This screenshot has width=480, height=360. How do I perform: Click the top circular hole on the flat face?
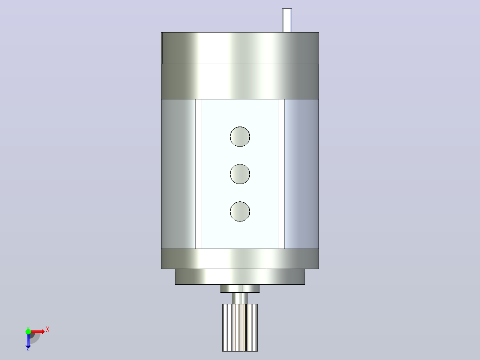[240, 136]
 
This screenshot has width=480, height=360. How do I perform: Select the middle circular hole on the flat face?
[240, 174]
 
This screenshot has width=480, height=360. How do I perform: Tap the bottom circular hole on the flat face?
[240, 211]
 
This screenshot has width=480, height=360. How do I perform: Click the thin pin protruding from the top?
[287, 20]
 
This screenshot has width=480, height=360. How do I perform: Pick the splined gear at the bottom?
[240, 327]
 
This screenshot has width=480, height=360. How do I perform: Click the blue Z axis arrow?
[28, 340]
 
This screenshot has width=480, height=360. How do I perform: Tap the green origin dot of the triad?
[28, 331]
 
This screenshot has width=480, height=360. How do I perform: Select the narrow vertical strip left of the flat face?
[199, 174]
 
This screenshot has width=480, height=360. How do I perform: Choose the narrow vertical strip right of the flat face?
[281, 174]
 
